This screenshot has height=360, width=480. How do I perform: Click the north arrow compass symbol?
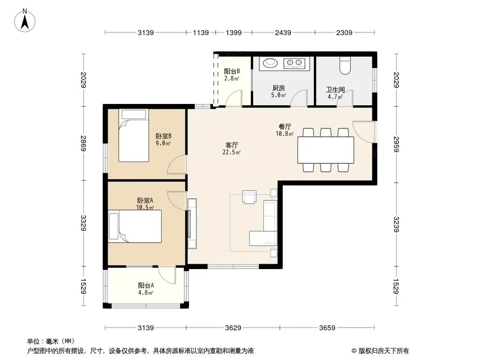coord(25,21)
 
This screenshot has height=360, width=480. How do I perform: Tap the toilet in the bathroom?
coord(345,66)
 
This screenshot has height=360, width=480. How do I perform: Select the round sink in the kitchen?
coord(270,63)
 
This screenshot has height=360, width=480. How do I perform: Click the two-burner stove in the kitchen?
coord(294,63)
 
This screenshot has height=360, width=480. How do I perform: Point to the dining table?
coord(326,150)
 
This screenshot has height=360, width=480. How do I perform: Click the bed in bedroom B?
coord(134,135)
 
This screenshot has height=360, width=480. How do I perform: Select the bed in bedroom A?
coord(135,226)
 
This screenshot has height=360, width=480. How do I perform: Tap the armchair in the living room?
coord(249,197)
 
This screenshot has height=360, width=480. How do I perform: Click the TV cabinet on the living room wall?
coord(192,224)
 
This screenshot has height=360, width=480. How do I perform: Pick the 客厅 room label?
coord(232,145)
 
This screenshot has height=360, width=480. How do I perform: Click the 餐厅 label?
coord(285,126)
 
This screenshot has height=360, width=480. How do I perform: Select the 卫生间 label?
coord(335,90)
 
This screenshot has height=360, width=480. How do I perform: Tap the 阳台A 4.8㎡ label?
coord(146,289)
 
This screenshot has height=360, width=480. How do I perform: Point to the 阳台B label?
coord(232,71)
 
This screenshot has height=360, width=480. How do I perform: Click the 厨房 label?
coord(279,88)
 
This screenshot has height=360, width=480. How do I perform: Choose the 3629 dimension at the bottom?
coord(233,328)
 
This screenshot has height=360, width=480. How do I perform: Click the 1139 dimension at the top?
coord(201,32)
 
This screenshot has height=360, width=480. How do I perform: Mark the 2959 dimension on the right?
coord(396,144)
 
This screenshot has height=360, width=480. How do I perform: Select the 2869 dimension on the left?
coord(83,143)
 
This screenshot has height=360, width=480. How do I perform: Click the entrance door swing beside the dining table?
coord(364,132)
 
